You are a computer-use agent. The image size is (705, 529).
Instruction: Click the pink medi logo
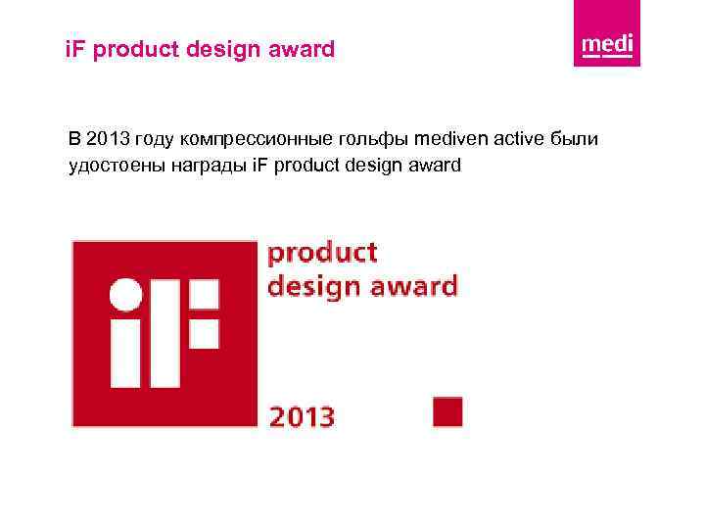pos(607,36)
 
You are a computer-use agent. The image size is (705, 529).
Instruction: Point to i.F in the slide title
pos(66,48)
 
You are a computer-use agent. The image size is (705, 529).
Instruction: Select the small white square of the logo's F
pos(204,333)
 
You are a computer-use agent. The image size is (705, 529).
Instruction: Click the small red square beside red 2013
pos(447,411)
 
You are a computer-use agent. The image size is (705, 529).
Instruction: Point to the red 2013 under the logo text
pos(302,416)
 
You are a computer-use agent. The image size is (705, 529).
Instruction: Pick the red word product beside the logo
pos(323,254)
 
